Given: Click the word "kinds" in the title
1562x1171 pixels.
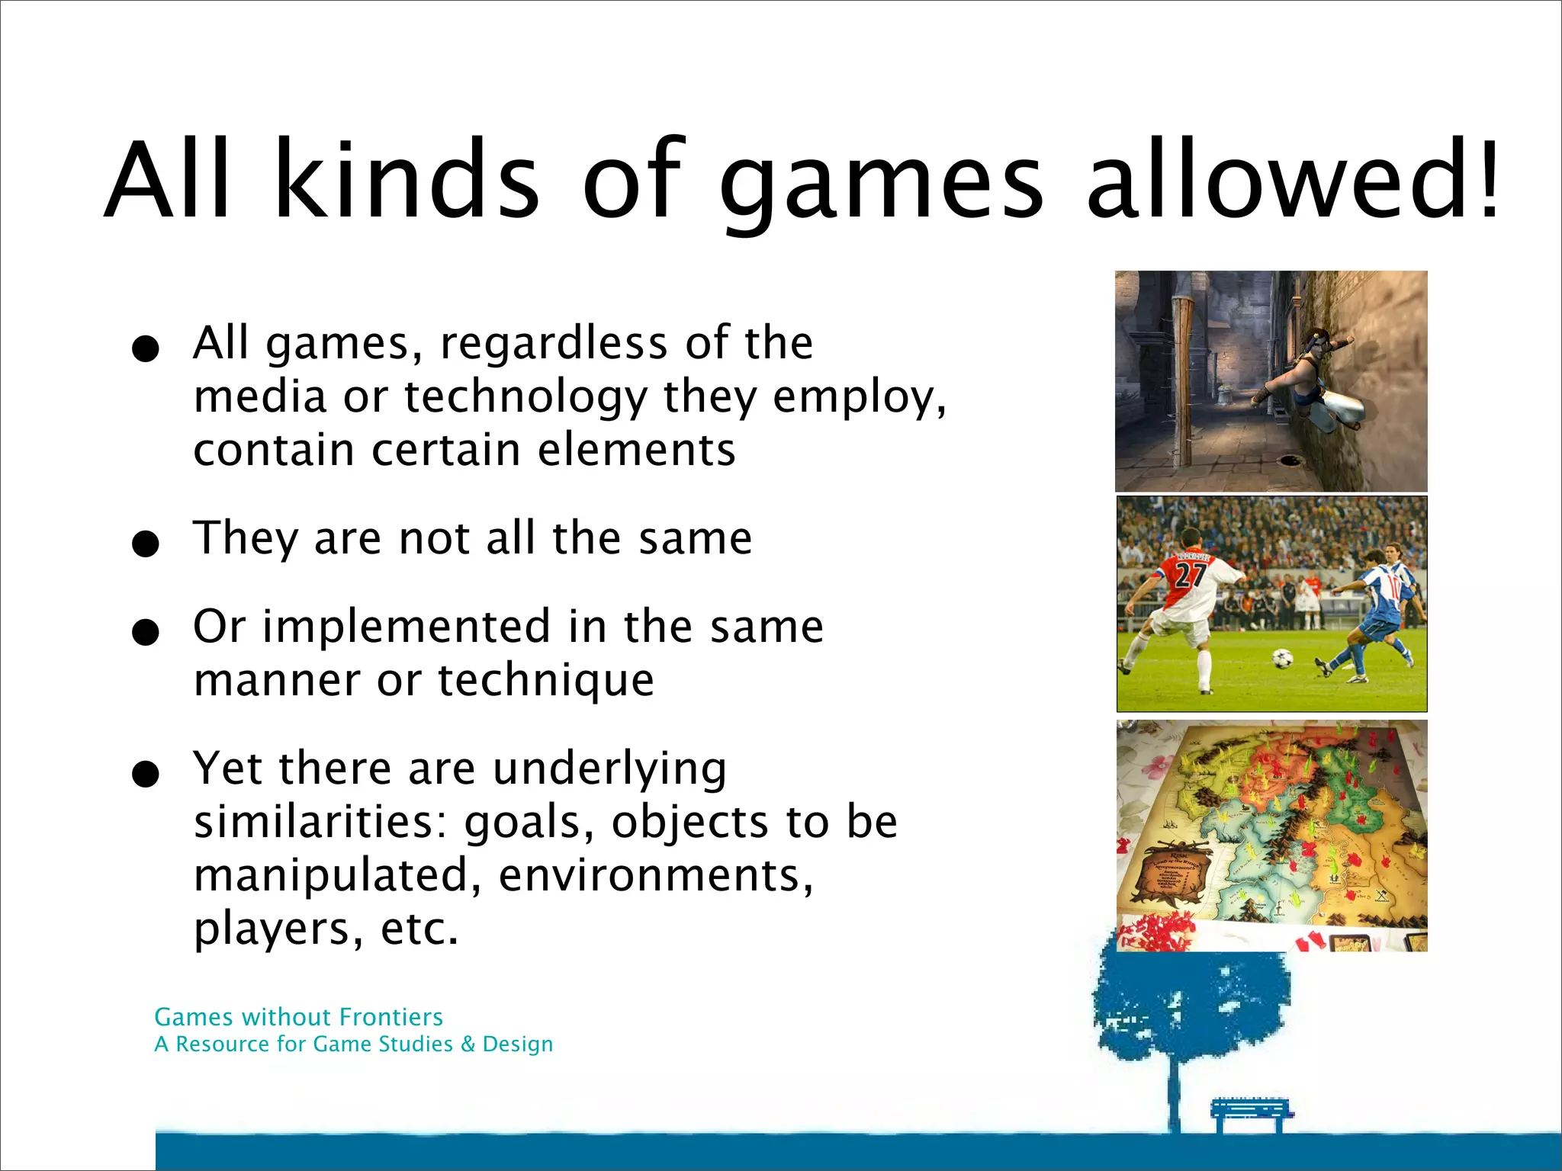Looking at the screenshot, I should [407, 180].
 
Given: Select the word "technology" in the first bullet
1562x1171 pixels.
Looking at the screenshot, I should [525, 396].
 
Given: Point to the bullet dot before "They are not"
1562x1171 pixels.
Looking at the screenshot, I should [145, 544].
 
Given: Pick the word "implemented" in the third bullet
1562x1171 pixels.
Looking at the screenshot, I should [407, 627].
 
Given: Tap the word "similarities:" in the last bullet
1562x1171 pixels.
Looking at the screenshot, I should [320, 822].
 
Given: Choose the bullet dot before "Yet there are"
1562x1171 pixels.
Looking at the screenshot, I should [145, 774].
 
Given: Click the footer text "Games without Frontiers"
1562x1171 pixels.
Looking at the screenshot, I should [298, 1017].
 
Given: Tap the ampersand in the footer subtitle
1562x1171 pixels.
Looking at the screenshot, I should [467, 1044].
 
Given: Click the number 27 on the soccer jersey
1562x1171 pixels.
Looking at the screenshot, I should [1190, 573].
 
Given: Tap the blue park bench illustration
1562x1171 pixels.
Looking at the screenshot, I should [1251, 1113].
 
